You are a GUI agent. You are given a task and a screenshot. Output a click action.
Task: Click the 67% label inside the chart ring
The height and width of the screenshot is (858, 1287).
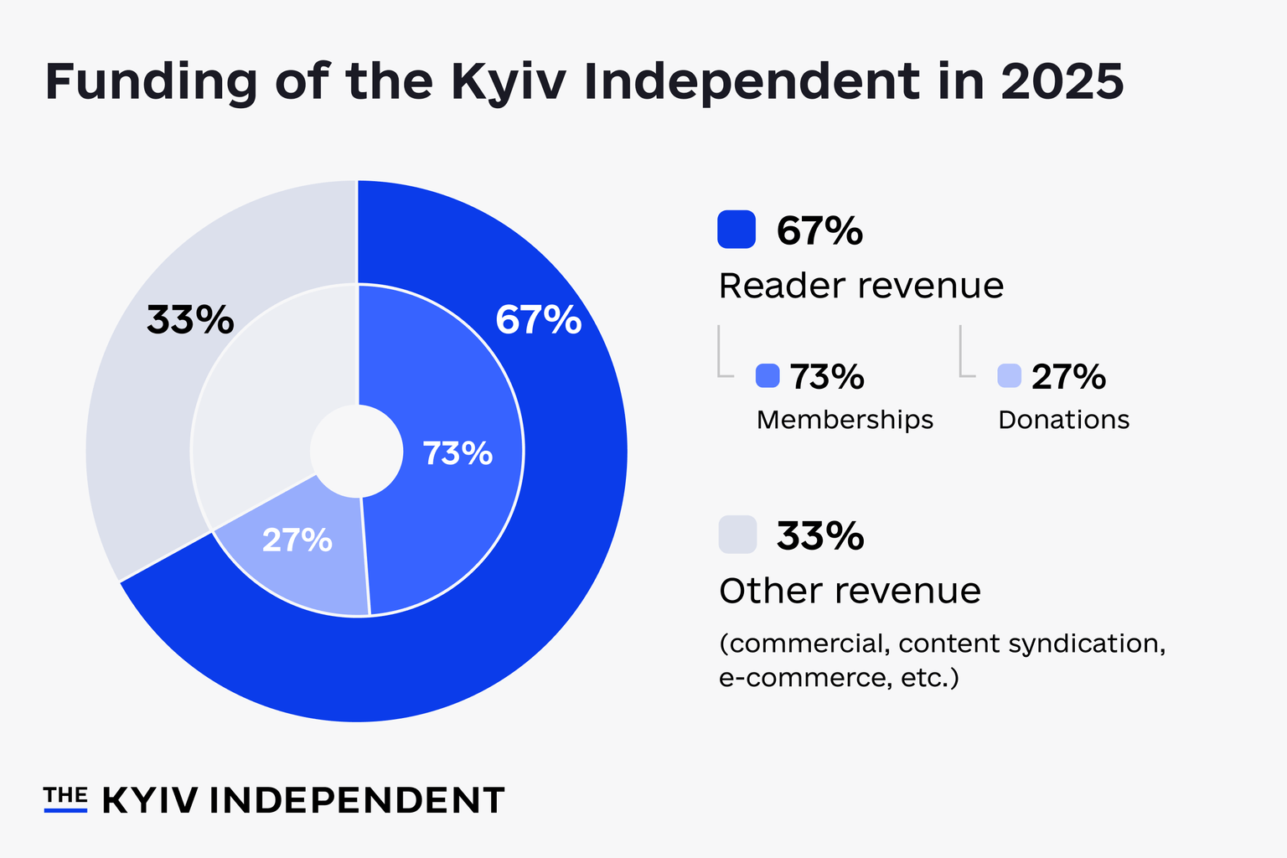pos(539,319)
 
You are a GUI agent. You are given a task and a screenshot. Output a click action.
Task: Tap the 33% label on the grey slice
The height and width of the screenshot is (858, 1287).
pos(190,319)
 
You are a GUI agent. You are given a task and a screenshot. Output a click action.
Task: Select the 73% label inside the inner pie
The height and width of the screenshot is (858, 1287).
pos(458,452)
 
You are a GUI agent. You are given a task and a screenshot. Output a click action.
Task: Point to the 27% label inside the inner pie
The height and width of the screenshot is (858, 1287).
pos(297,540)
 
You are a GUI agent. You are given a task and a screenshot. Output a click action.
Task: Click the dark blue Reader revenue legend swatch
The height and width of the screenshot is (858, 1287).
pos(737,230)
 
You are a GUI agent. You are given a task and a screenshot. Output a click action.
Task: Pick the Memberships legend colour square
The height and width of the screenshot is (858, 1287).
pos(768,376)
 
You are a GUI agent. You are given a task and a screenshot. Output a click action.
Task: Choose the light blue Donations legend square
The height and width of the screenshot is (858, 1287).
pos(1010,376)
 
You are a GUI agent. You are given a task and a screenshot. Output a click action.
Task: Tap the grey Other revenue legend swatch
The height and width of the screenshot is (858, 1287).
pos(737,535)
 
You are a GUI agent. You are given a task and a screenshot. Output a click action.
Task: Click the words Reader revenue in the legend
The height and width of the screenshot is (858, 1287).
pos(861,286)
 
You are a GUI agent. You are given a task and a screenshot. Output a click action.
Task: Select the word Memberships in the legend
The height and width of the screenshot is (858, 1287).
pos(845,420)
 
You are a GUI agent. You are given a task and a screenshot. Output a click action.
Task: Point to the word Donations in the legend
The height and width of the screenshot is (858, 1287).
pos(1064,420)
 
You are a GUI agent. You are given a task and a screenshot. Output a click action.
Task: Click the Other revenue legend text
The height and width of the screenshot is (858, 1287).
pos(850,591)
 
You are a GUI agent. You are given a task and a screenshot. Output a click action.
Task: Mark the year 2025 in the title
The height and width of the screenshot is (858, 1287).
pos(1062,81)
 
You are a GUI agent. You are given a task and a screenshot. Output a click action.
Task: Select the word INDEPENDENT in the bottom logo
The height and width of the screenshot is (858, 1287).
pos(357,800)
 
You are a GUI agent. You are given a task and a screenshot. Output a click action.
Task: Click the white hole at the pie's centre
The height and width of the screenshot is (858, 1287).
pos(357,451)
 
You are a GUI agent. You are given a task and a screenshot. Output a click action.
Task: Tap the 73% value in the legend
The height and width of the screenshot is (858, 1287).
pos(827,376)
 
